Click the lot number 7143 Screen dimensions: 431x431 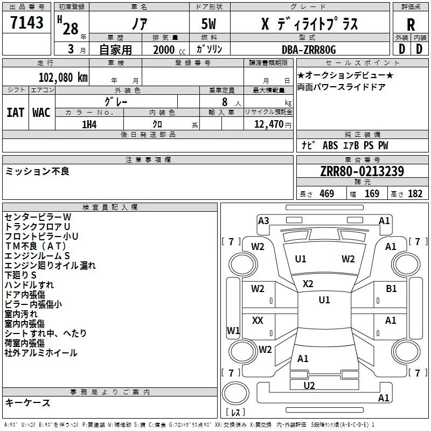pos(27,22)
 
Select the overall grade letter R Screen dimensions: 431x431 pos(411,24)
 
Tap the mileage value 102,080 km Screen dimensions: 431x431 pos(63,78)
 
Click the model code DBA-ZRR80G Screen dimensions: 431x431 pos(309,50)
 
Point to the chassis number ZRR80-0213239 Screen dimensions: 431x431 pos(362,171)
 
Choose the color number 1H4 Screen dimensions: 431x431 pos(89,124)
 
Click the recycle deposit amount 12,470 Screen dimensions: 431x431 pos(268,124)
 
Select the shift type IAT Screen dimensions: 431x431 pos(16,113)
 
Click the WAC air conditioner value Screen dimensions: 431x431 pos(41,113)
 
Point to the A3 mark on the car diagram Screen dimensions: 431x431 pos(263,221)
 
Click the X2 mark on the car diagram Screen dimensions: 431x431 pos(308,284)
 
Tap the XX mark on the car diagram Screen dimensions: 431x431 pos(258,320)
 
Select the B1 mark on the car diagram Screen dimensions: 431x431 pos(391,289)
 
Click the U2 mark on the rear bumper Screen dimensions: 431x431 pos(309,386)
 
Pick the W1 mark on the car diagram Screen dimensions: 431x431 pos(233,330)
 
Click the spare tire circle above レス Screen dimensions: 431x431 pos(235,393)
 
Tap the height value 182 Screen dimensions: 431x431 pos(415,193)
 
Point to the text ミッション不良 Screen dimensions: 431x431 pos(37,171)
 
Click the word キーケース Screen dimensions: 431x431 pos(27,403)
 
